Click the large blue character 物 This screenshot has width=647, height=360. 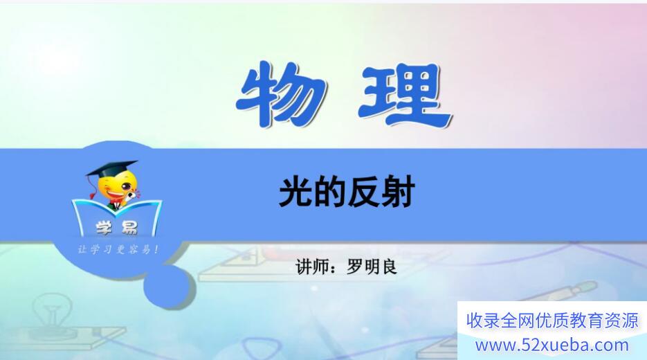[x=282, y=94]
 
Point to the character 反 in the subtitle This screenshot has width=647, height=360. [x=364, y=192]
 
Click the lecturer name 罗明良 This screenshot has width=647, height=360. [x=372, y=267]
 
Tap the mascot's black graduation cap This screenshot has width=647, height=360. [x=112, y=169]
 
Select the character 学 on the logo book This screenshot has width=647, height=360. [x=104, y=228]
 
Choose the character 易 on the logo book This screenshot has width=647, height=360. [x=128, y=228]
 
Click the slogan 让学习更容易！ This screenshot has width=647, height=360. [x=118, y=249]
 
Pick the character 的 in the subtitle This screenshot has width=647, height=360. [x=329, y=192]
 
